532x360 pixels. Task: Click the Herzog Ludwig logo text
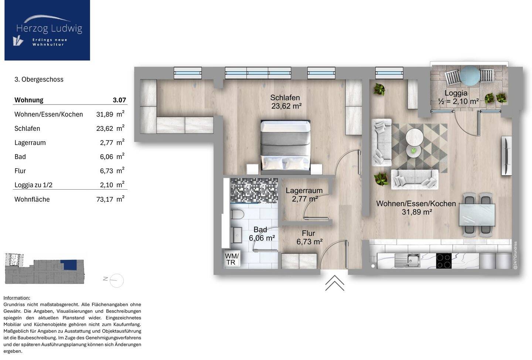49,28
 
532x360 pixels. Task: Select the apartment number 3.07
119,100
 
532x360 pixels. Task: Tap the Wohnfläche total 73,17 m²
110,199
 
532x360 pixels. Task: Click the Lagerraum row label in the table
30,143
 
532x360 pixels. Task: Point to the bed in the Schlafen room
286,145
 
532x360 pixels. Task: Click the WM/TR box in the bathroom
232,259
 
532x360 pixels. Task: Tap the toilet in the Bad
237,215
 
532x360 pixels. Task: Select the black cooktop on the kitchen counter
444,261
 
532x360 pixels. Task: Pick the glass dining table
477,215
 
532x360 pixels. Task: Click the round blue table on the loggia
470,76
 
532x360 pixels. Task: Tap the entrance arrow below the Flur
335,283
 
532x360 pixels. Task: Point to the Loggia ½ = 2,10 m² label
458,97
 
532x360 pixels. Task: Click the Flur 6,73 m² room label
309,237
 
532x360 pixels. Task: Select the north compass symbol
114,281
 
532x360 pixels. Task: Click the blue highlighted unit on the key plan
69,265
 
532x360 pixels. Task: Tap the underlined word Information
17,298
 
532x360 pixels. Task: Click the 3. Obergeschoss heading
39,79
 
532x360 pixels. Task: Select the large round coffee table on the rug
415,137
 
